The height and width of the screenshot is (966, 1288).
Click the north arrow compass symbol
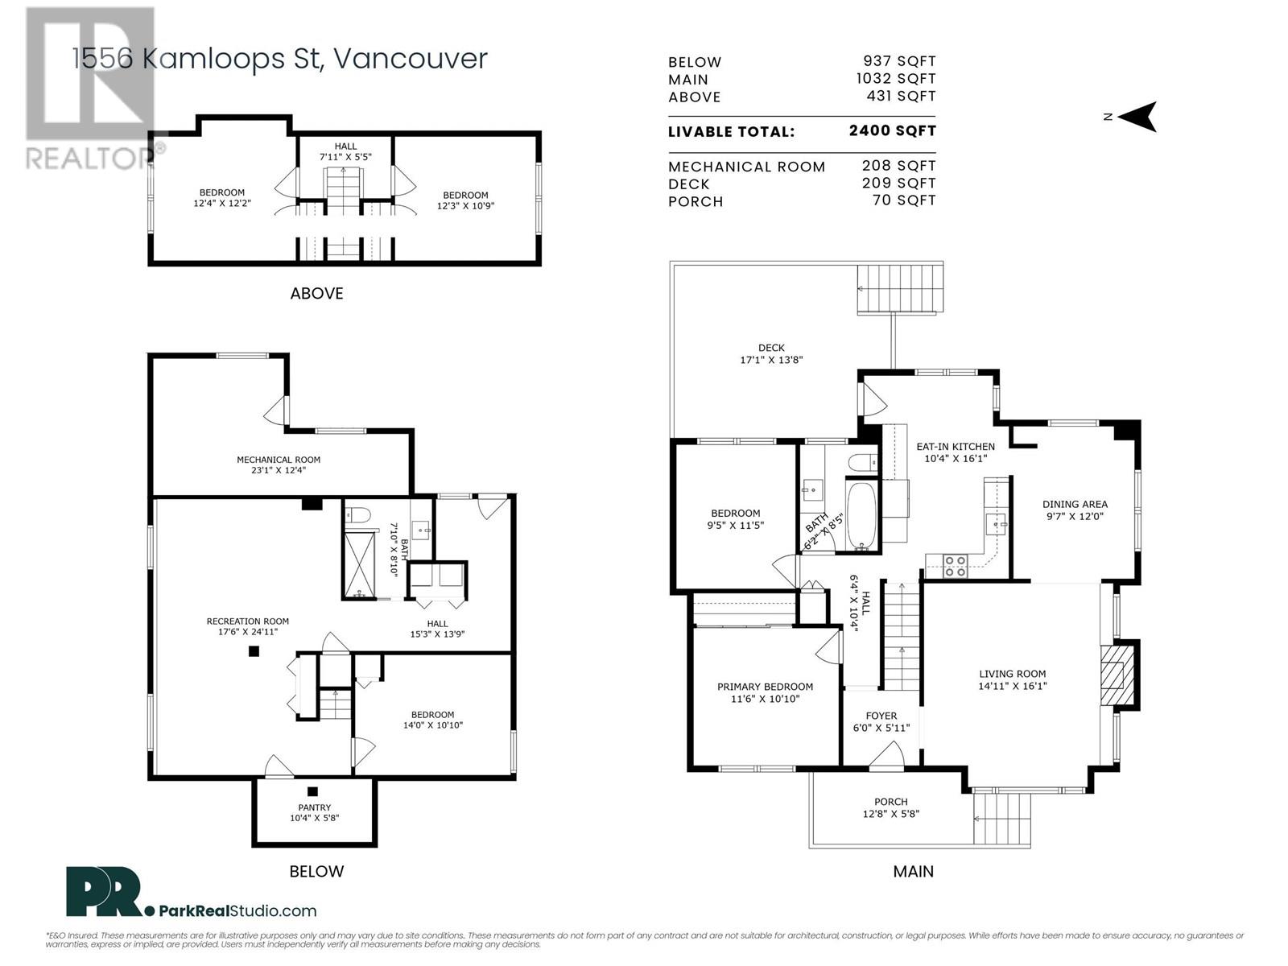[x=1137, y=117]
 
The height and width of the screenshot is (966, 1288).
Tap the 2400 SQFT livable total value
[x=892, y=130]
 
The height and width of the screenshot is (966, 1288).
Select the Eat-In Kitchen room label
[x=956, y=446]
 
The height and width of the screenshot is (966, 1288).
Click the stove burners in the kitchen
[x=955, y=566]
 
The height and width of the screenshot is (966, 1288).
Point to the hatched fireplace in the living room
[x=1113, y=675]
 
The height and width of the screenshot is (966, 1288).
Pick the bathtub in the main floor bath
[x=861, y=516]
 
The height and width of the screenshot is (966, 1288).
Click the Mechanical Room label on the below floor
[x=279, y=460]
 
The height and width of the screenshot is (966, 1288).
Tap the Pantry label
[x=315, y=807]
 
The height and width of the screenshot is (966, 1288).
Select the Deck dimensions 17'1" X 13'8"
[x=771, y=360]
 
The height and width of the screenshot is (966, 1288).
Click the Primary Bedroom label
[x=766, y=686]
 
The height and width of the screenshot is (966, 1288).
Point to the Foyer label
[x=881, y=716]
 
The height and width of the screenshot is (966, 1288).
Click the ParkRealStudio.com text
[x=237, y=911]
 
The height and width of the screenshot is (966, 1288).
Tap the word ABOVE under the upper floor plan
[x=316, y=293]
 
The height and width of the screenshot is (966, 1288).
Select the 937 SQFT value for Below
[x=899, y=61]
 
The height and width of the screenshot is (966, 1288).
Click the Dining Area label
[x=1075, y=504]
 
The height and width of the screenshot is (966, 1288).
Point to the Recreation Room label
[x=248, y=621]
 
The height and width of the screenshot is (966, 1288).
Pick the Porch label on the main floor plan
[x=891, y=801]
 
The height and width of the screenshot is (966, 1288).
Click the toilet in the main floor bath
[x=862, y=463]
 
